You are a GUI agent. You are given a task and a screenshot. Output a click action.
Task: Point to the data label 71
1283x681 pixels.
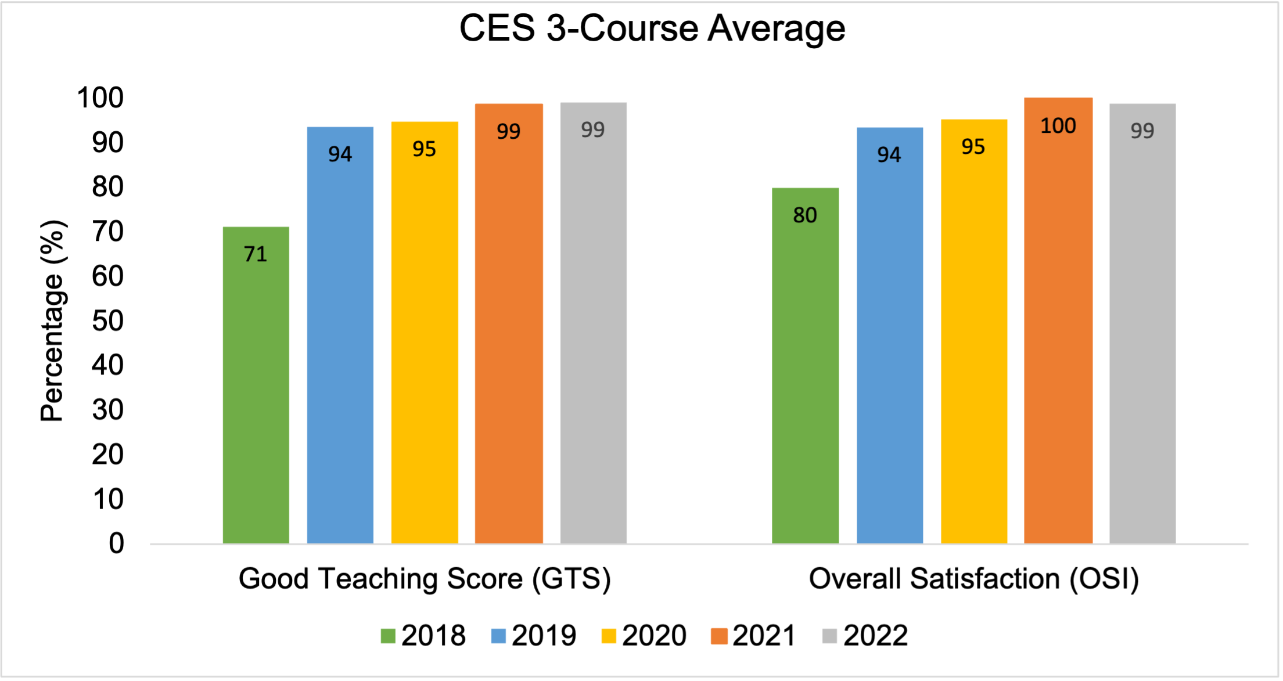tap(256, 254)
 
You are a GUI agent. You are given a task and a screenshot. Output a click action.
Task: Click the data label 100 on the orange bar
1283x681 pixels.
tap(1058, 126)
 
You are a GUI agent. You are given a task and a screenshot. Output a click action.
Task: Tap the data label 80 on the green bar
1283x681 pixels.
tap(805, 215)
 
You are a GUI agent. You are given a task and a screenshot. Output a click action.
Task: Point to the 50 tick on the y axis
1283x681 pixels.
tap(108, 321)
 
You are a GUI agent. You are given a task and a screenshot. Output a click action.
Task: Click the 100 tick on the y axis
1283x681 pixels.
tap(100, 98)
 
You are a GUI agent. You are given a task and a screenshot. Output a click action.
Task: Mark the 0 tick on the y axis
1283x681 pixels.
tap(116, 544)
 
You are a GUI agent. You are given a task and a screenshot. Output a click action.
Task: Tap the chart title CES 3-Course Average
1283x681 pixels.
tap(652, 28)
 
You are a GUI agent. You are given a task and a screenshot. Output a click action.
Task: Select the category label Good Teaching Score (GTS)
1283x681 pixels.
tap(425, 579)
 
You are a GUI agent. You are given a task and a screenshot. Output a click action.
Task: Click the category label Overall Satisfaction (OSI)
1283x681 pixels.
tap(973, 579)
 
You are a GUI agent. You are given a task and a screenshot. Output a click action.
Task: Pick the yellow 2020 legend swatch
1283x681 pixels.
tap(608, 636)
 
